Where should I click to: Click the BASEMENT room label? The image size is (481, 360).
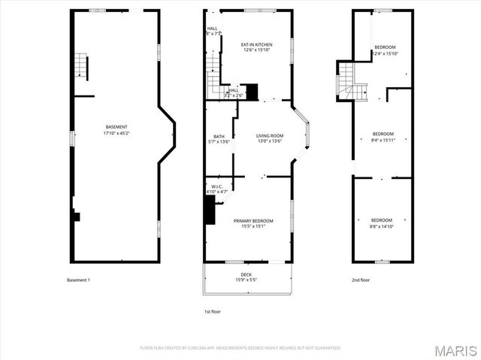point(116,126)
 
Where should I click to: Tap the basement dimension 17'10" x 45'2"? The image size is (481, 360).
point(116,133)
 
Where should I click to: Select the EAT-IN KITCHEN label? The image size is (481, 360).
point(256,44)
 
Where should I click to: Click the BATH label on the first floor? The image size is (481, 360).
point(218,135)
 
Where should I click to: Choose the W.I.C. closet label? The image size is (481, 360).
point(216,187)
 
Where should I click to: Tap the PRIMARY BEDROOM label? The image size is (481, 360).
point(253,220)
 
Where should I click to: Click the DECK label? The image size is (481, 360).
point(246,274)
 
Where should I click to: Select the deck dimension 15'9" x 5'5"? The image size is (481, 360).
point(246,280)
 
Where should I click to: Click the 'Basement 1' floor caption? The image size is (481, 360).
point(78,280)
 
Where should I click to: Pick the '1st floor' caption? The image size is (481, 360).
point(212,311)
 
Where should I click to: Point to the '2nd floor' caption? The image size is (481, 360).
point(362,280)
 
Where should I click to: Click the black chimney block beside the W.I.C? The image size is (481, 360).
point(209,213)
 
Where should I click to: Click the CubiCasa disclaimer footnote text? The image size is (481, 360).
point(240,348)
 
